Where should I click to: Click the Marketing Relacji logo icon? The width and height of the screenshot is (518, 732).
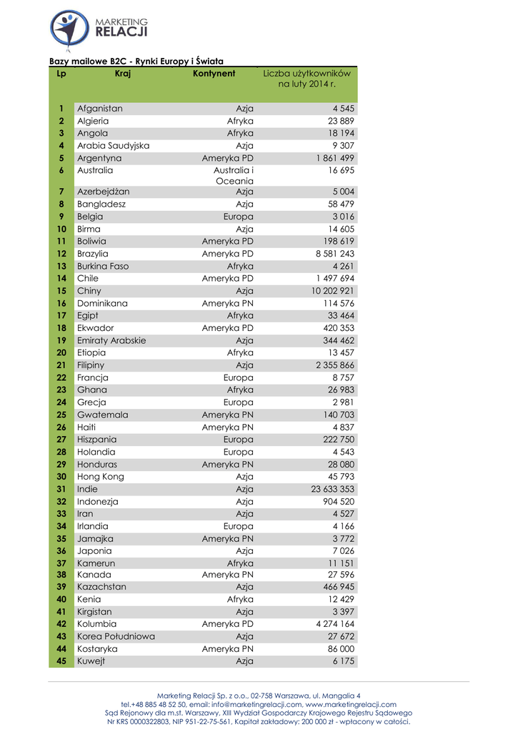[70, 29]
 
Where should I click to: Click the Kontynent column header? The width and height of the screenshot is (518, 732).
[214, 74]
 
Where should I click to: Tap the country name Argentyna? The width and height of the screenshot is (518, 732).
[99, 158]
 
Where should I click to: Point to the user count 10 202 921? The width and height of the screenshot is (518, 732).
[333, 291]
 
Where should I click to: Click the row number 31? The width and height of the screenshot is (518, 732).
[61, 489]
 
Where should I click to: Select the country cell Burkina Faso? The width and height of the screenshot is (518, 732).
[103, 266]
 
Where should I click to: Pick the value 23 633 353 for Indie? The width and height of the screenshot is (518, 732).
[333, 489]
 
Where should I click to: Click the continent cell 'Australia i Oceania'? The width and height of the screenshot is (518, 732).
[234, 176]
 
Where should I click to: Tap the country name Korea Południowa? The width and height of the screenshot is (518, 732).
[116, 636]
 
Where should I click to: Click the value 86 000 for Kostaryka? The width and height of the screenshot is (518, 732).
[341, 649]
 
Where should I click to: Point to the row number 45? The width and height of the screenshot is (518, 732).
[61, 661]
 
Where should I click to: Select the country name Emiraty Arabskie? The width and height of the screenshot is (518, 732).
[111, 340]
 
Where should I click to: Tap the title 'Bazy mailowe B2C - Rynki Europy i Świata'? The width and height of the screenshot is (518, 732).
[136, 61]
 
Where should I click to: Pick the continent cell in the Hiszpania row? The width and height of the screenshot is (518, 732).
[238, 440]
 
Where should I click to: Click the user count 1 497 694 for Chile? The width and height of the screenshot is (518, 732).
[335, 278]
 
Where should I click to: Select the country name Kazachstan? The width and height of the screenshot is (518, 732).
[101, 587]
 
